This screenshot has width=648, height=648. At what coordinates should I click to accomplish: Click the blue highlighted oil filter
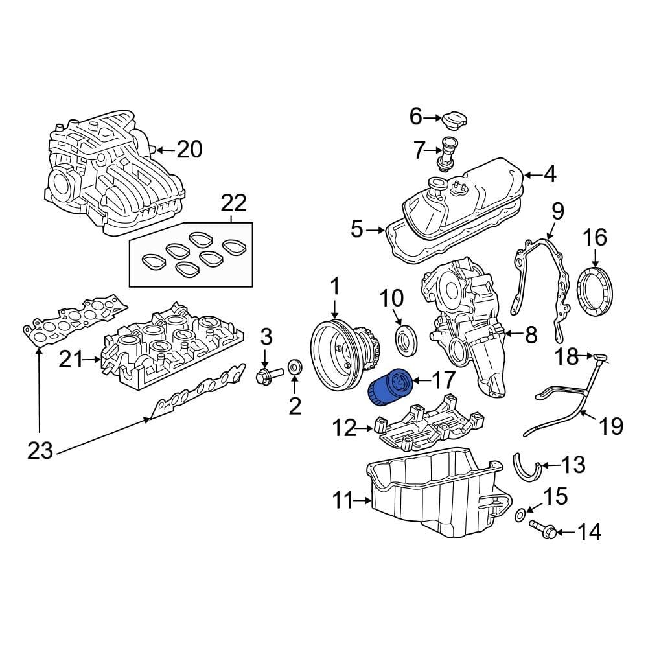[387, 387]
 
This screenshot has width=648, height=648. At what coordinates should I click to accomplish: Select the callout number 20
[189, 150]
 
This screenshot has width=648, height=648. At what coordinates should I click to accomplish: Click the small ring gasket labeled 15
[520, 515]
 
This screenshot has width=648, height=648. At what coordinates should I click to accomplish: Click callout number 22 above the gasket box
[233, 203]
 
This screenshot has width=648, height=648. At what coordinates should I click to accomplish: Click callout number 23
[40, 450]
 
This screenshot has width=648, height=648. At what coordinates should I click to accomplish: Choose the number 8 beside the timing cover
[531, 334]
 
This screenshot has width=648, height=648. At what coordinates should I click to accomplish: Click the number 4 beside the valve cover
[549, 174]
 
